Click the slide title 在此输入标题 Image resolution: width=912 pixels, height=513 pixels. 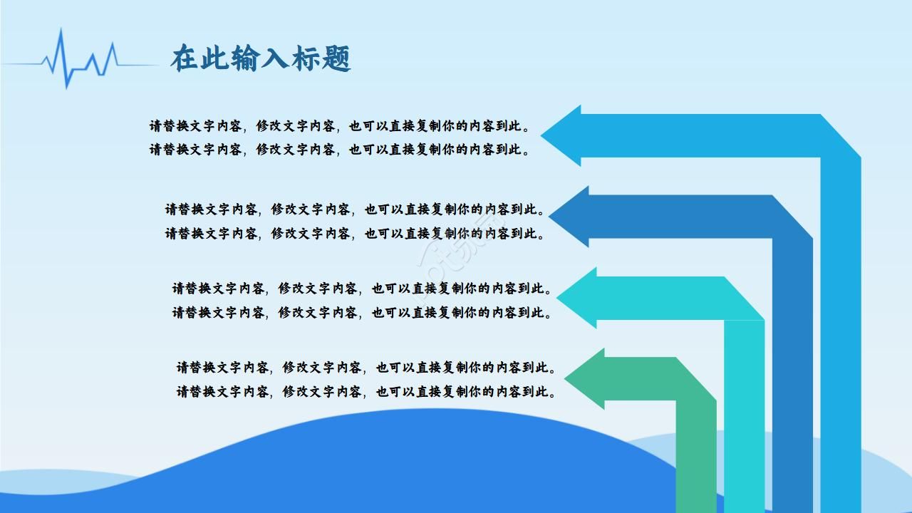click(x=260, y=59)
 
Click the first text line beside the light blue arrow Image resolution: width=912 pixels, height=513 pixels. click(x=340, y=126)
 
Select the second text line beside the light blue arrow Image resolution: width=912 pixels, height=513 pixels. click(x=340, y=150)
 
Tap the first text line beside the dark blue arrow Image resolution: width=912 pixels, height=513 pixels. click(x=356, y=209)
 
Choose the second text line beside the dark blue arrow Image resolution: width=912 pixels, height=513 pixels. click(x=356, y=233)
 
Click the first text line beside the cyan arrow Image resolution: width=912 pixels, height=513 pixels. click(x=362, y=289)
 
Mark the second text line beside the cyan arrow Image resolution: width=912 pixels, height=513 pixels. click(x=362, y=312)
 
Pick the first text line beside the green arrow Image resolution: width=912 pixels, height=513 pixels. click(x=366, y=368)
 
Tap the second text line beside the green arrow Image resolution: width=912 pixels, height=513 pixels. click(x=366, y=391)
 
